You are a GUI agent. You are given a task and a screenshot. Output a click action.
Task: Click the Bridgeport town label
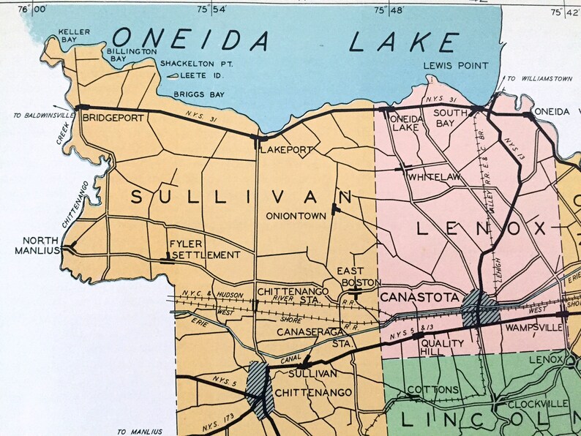click(111, 117)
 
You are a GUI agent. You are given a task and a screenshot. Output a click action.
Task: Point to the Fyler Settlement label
click(204, 249)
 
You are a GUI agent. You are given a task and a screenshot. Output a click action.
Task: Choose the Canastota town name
click(419, 298)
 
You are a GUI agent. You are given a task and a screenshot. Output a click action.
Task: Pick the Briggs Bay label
click(197, 94)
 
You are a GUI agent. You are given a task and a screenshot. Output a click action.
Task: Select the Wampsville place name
click(533, 327)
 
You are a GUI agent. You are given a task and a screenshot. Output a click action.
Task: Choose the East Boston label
click(359, 276)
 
